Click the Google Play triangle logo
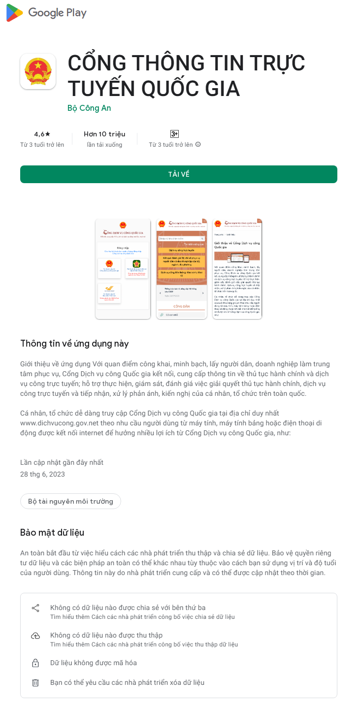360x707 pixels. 14,13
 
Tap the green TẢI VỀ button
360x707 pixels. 179,174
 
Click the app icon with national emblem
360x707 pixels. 38,71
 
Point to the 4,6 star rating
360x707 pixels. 42,134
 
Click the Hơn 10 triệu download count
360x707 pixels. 104,134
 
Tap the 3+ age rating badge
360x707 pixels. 174,134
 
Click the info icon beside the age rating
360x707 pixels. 198,145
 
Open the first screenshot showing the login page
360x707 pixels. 123,269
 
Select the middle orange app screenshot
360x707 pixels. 181,269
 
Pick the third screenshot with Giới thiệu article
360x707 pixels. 237,269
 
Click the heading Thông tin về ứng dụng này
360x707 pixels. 74,343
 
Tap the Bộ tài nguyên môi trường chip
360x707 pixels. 70,501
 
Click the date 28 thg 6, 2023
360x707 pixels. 42,474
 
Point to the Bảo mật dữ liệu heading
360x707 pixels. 52,532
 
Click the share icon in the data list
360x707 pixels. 35,608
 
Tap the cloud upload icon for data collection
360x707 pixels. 35,636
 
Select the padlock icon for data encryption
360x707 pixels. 35,663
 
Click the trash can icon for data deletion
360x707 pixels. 35,683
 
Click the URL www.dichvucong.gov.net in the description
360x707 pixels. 59,423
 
